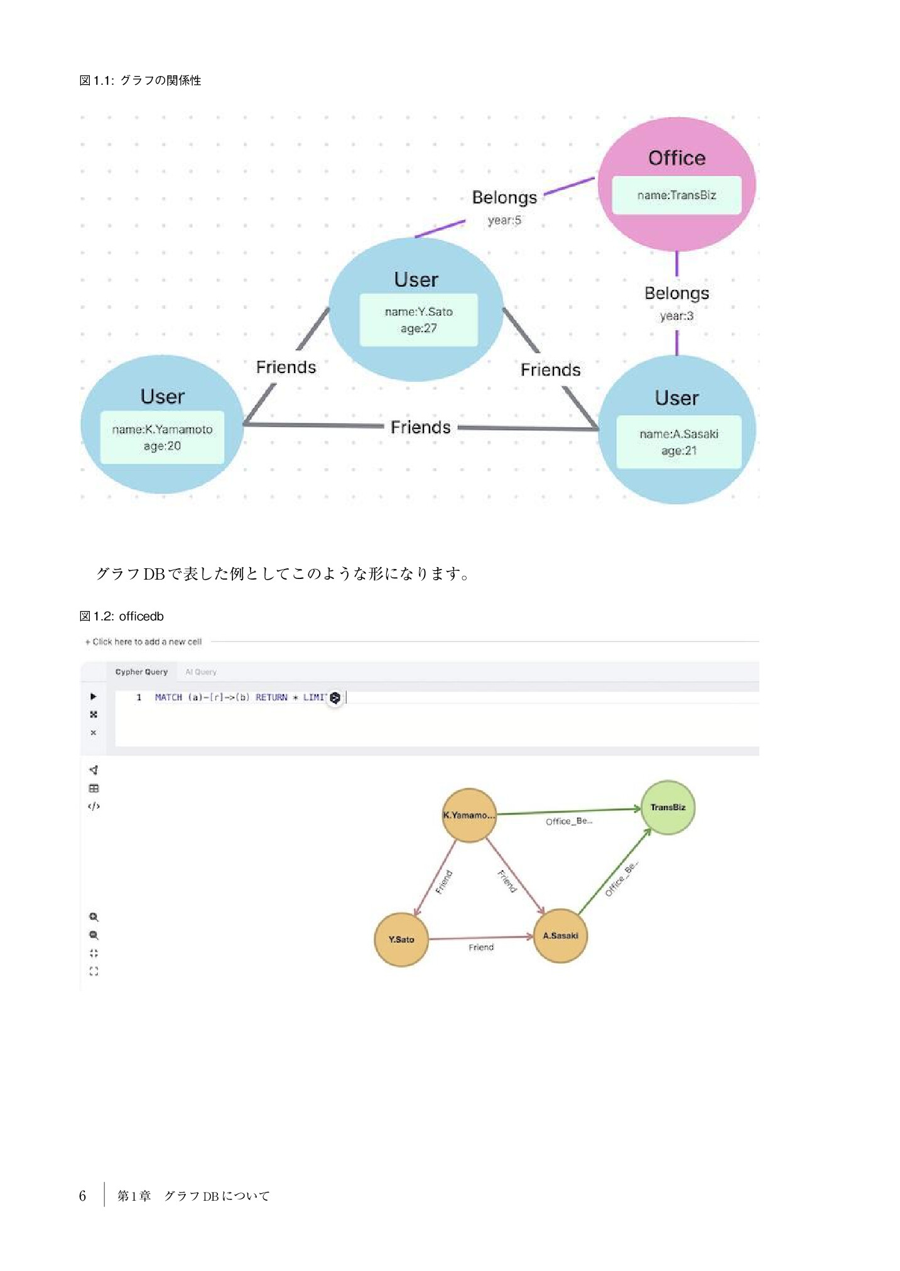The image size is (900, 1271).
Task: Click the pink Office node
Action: (x=676, y=157)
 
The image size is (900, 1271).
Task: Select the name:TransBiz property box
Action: (x=676, y=195)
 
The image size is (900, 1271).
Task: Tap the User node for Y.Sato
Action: (x=416, y=279)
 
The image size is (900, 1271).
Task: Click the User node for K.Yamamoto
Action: (x=162, y=396)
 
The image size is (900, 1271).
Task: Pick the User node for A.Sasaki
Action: (x=676, y=398)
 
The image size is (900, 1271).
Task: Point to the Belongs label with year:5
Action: (x=504, y=198)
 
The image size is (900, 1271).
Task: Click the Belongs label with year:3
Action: (x=676, y=294)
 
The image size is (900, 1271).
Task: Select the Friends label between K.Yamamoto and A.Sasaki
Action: (x=420, y=428)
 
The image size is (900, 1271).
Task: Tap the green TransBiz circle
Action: (x=668, y=808)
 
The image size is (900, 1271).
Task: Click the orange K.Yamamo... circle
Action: (x=469, y=815)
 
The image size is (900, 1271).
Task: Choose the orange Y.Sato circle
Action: (x=401, y=939)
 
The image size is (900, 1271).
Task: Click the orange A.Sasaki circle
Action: (x=560, y=936)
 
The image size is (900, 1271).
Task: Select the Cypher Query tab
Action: (x=141, y=672)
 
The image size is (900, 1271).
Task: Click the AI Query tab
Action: (x=201, y=672)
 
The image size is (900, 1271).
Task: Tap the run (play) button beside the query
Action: (x=94, y=696)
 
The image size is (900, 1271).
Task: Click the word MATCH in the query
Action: (x=168, y=697)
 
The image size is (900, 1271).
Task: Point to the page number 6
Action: (x=82, y=1196)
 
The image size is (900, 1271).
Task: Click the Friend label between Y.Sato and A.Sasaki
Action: (x=481, y=947)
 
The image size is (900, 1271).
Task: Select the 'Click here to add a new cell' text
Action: (x=144, y=642)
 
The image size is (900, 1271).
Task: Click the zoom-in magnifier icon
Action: (x=94, y=917)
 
